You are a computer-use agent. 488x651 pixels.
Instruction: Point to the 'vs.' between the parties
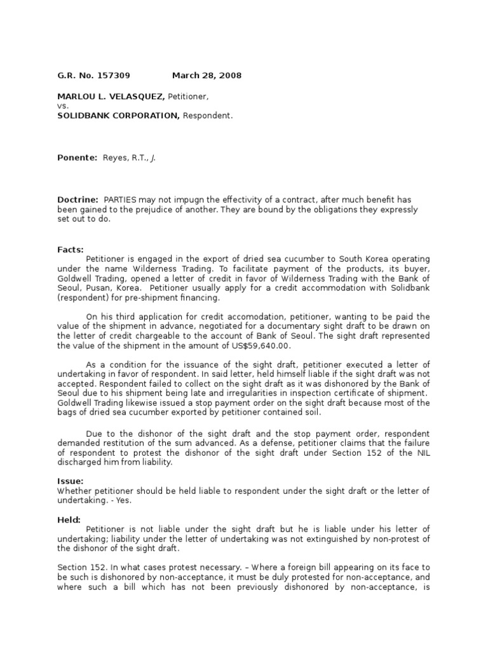62,106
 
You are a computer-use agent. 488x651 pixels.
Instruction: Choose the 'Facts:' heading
71,250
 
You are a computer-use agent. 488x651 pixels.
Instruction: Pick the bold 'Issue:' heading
71,481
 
